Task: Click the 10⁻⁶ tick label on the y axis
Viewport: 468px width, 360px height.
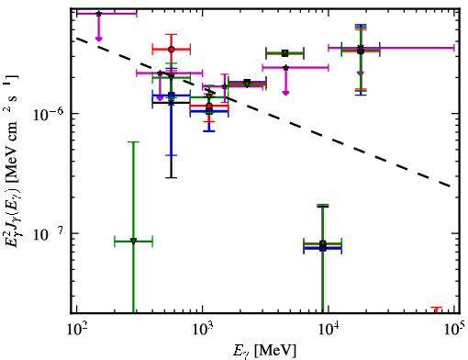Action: [x=48, y=115]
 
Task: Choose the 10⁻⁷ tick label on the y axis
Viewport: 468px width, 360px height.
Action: [x=48, y=235]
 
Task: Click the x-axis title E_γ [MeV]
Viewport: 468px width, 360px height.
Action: [x=264, y=351]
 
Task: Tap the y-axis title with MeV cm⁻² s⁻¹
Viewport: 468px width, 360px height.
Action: [x=12, y=161]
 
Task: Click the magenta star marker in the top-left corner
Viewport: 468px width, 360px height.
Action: [x=98, y=14]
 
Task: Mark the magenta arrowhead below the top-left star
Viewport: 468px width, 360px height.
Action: [x=98, y=39]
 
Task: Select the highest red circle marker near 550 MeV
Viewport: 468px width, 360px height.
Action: [x=172, y=50]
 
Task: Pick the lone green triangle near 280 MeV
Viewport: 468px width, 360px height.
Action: [x=133, y=242]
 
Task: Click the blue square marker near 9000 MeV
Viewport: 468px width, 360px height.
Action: [x=323, y=248]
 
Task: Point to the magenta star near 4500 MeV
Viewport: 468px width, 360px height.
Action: [x=285, y=68]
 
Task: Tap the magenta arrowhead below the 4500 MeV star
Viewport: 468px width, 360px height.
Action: [x=285, y=93]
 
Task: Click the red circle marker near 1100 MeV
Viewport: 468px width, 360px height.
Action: [x=209, y=106]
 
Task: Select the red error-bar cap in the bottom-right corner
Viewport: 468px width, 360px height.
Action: [x=437, y=307]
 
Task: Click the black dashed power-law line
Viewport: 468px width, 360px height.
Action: [x=263, y=112]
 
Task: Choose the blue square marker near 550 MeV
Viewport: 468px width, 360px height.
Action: [x=172, y=96]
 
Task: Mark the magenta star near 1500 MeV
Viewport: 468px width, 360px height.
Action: [x=225, y=86]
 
